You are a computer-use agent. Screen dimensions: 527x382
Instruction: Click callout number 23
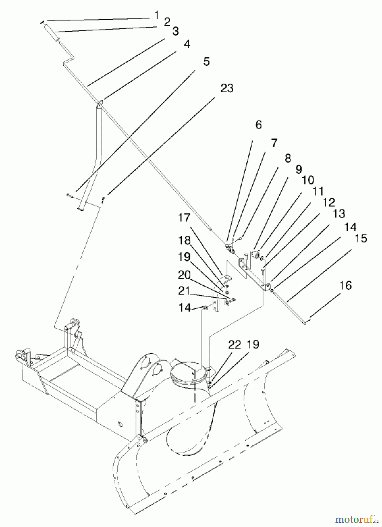227,88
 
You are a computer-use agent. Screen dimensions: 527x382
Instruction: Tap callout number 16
346,285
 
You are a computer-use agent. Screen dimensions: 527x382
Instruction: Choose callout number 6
258,125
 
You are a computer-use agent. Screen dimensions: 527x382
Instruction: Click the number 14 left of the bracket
185,308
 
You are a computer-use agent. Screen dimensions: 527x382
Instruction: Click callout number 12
328,202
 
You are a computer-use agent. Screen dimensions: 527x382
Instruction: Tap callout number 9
299,170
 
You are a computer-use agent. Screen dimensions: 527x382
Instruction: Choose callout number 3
175,31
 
